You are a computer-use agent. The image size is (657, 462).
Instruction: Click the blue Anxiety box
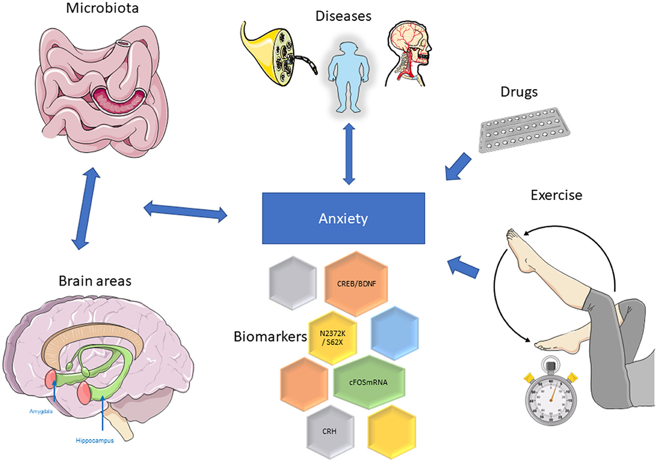click(x=344, y=218)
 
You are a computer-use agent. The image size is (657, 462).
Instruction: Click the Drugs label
click(x=517, y=93)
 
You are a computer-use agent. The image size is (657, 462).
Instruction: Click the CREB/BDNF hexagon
click(x=356, y=284)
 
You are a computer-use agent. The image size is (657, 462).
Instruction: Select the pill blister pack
click(x=525, y=132)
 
